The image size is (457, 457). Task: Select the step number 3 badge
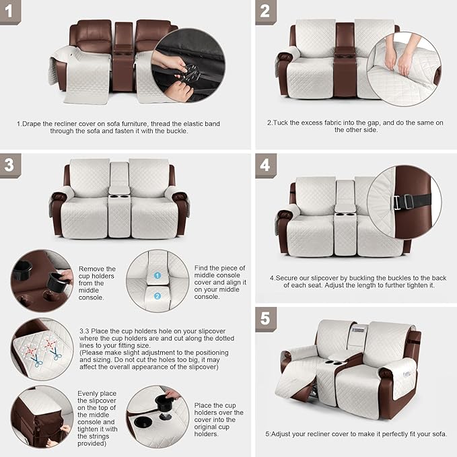click(9, 166)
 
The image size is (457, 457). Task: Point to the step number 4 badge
click(265, 166)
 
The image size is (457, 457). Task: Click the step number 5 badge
click(265, 318)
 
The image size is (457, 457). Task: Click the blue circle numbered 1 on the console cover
click(157, 275)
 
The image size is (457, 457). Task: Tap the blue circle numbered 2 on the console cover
click(157, 296)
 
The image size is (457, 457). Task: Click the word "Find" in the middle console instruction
click(203, 268)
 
